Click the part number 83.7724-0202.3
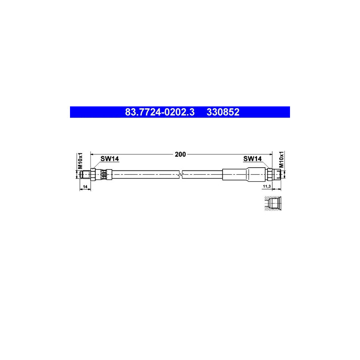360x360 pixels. [160, 112]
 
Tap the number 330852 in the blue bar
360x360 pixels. [223, 112]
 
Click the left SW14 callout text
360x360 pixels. [110, 159]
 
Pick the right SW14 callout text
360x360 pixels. [252, 159]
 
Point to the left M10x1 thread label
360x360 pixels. [80, 160]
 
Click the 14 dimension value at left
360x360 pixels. [84, 187]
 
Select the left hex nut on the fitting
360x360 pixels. [93, 174]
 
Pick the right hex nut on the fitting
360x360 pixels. [270, 174]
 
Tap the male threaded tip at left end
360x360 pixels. [85, 174]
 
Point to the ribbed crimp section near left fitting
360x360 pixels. [104, 174]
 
